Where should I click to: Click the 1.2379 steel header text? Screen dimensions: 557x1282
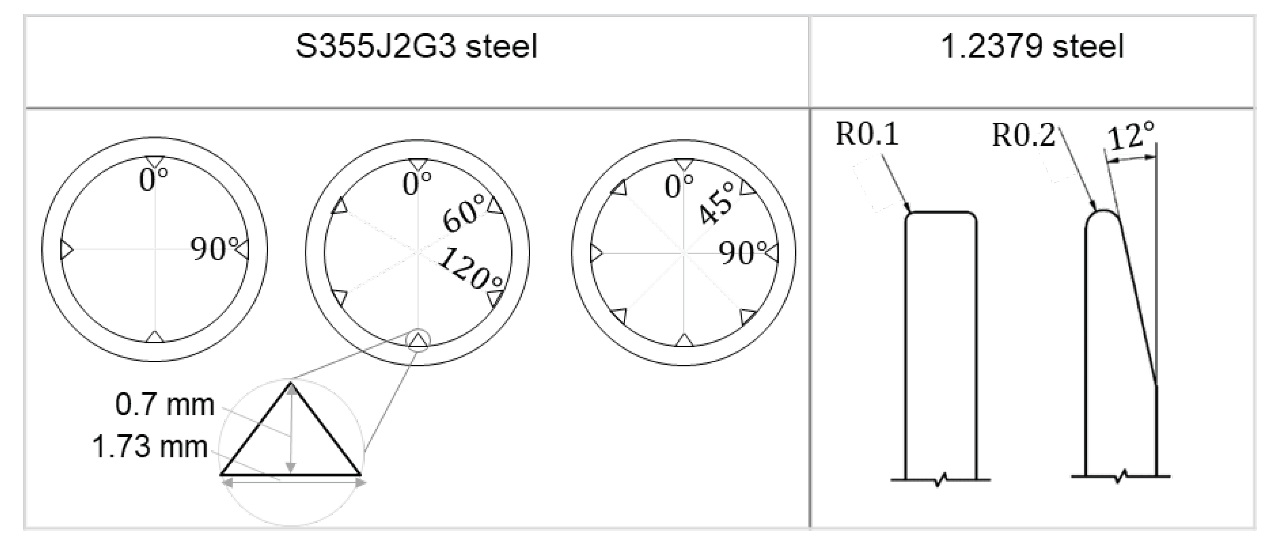[x=1032, y=47]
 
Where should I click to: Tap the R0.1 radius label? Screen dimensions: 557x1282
[x=867, y=134]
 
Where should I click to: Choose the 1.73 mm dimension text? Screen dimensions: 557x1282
[x=149, y=447]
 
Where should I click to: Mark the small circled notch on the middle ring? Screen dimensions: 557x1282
[x=418, y=340]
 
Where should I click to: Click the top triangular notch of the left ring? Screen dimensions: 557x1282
[x=155, y=161]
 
